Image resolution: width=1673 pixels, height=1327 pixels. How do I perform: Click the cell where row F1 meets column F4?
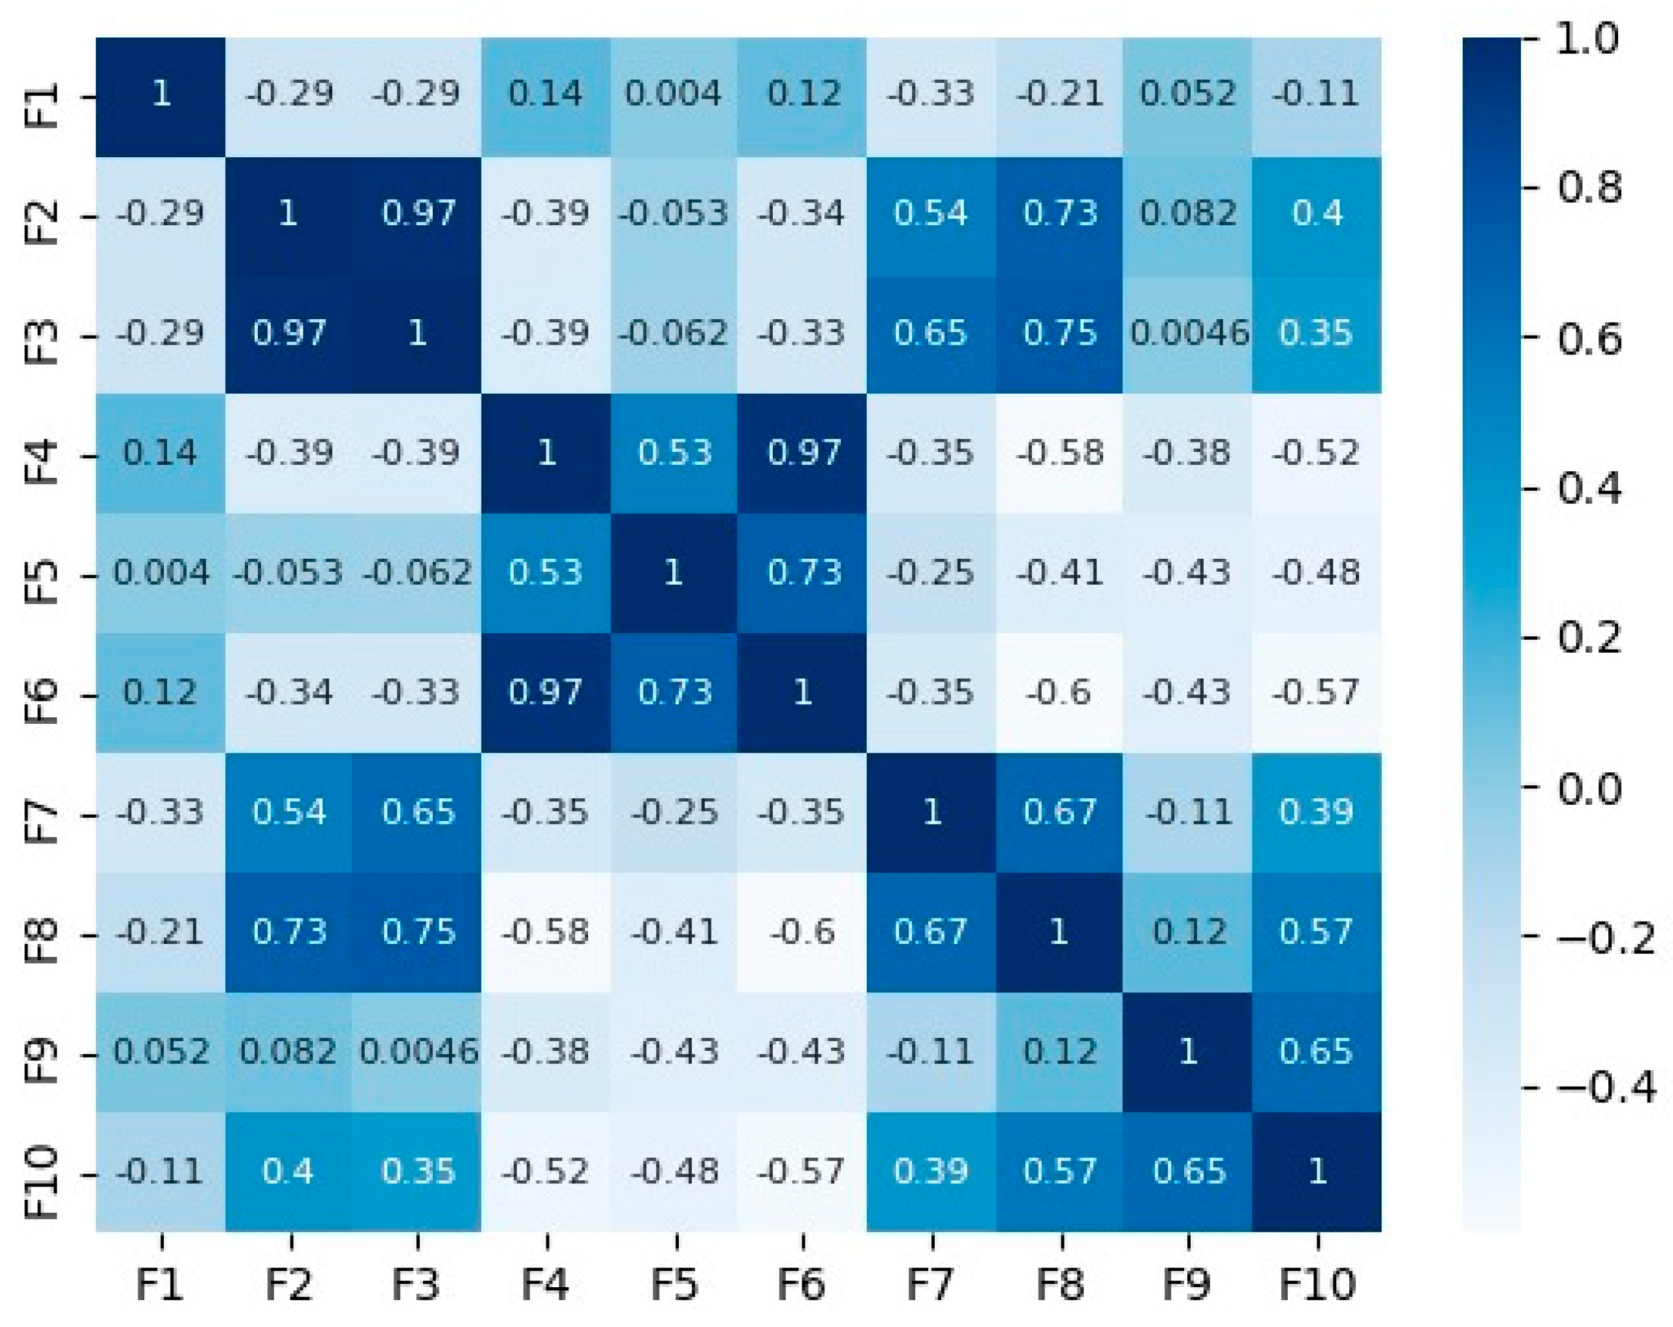(546, 95)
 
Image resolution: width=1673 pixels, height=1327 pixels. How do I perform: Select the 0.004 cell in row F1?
(674, 95)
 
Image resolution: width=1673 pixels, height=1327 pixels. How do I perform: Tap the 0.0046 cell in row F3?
(1187, 334)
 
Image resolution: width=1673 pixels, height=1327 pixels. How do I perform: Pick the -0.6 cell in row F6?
(1059, 692)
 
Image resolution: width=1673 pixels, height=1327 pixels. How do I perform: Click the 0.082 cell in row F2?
(1187, 214)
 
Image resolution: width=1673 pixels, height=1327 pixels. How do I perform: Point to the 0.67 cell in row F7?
(1059, 813)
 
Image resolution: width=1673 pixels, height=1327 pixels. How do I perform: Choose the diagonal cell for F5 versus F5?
(674, 572)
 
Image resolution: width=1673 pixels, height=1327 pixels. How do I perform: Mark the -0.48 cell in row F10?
(674, 1171)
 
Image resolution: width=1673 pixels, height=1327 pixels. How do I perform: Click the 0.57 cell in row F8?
(1316, 932)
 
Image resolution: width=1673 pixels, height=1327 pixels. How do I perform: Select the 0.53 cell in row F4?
(674, 453)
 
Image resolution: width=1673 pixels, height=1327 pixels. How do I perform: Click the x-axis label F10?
(1317, 1285)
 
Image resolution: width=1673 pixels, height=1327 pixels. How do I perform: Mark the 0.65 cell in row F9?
(1316, 1052)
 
